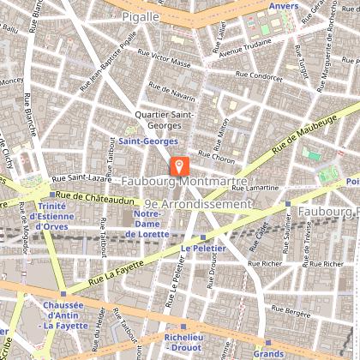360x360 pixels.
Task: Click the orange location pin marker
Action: click(x=179, y=165)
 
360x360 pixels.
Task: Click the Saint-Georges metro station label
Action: click(x=142, y=140)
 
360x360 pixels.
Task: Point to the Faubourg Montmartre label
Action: click(x=184, y=183)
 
